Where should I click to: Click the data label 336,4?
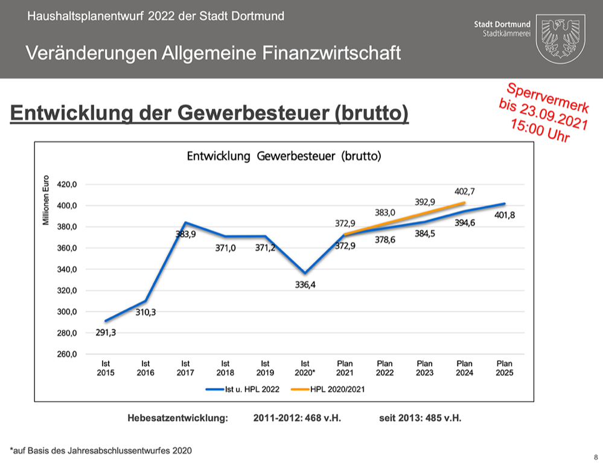[305, 285]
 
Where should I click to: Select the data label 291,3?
[106, 331]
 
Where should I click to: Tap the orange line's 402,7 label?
[464, 191]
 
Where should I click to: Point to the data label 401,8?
[504, 215]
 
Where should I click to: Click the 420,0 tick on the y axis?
[67, 185]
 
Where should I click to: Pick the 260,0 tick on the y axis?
[67, 354]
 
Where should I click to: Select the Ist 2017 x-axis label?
[185, 368]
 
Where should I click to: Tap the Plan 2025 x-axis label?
[504, 368]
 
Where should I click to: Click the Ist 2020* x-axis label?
[305, 368]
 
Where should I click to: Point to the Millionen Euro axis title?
[46, 200]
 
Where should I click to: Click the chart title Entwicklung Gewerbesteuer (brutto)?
[284, 156]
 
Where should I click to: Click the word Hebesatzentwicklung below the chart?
[177, 418]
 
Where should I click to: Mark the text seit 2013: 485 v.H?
[421, 418]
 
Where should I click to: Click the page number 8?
[595, 456]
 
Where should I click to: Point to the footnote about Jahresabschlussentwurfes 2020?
[101, 450]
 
